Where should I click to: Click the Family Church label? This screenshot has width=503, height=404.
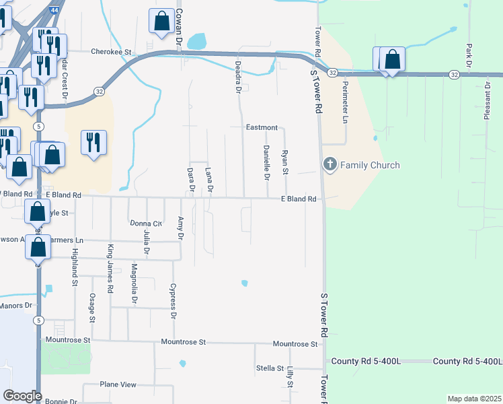(370, 165)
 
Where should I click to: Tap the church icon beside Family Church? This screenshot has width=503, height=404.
(330, 164)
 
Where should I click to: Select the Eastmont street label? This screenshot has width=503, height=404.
(262, 127)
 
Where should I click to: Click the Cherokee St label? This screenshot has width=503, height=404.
(109, 50)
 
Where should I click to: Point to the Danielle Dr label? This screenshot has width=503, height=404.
(266, 163)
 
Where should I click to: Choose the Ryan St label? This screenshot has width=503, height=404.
(285, 163)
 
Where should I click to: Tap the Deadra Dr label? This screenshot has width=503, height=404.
(238, 77)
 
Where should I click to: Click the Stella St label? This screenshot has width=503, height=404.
(269, 368)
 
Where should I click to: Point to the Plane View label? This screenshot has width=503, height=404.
(118, 384)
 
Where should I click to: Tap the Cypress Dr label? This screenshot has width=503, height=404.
(173, 300)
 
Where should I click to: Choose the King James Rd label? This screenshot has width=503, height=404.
(110, 259)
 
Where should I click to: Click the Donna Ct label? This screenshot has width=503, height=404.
(146, 223)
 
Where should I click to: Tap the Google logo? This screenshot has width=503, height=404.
(22, 396)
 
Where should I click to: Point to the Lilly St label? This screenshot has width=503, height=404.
(291, 376)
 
